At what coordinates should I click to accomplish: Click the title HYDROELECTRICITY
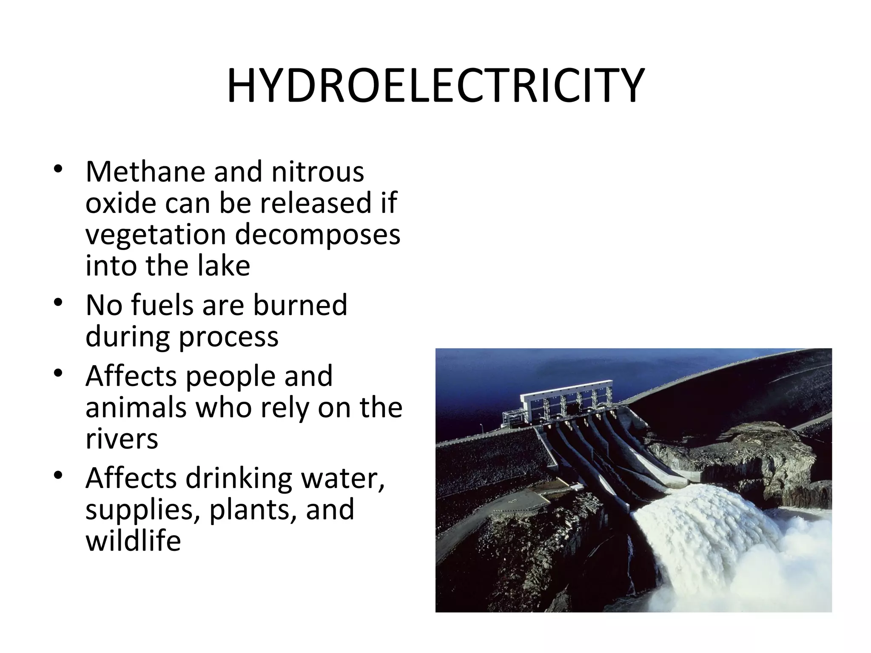435,86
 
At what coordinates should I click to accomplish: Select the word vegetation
155,235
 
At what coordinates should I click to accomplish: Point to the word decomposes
318,235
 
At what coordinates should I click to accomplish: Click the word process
228,337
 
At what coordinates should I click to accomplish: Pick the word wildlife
133,541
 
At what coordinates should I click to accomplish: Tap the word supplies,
143,510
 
